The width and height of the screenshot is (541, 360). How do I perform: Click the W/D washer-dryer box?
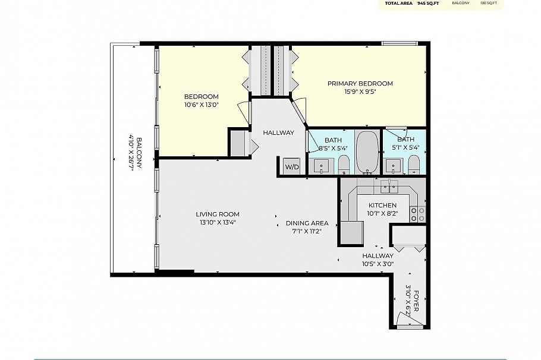pos(292,166)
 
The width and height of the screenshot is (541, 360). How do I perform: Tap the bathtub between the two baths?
pos(367,151)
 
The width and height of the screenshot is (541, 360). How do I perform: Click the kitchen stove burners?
pos(417,214)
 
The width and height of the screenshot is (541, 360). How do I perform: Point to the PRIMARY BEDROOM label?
pos(360,84)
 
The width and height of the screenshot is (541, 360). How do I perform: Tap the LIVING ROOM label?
pos(218,214)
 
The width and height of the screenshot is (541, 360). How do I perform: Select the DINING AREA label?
pos(307,223)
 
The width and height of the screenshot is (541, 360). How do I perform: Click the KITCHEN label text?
pos(382,205)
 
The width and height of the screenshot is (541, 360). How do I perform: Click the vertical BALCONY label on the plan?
pos(139,154)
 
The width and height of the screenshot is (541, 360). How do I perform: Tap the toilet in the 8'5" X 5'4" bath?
pos(344,163)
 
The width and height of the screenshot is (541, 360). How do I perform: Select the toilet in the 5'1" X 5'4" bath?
pos(414,163)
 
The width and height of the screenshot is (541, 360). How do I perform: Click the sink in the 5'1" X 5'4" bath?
pos(391,165)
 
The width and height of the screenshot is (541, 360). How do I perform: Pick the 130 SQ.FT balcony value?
pos(489,3)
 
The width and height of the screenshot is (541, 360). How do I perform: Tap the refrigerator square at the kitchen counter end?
pos(352,232)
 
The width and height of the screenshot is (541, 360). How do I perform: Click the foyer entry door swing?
pos(411,323)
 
